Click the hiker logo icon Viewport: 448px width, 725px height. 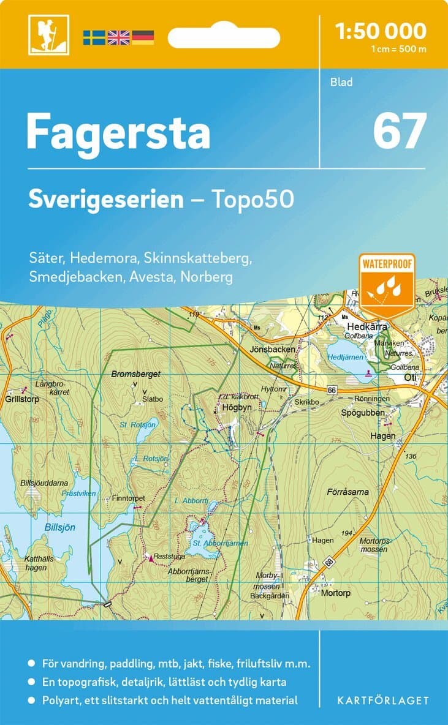(48, 35)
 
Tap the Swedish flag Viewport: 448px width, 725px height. (94, 37)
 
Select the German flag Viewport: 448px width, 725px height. (143, 37)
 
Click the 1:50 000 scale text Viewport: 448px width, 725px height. (381, 31)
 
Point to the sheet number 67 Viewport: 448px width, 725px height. (400, 130)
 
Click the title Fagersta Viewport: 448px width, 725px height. (118, 132)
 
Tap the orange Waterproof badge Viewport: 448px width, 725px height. (387, 284)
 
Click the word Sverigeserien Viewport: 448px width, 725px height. (106, 199)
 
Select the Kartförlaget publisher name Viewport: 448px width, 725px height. (384, 700)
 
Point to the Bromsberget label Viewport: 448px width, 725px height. (135, 374)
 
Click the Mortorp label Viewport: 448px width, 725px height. (335, 593)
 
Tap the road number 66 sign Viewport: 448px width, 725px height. (332, 389)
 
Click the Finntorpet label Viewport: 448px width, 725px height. (128, 498)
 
